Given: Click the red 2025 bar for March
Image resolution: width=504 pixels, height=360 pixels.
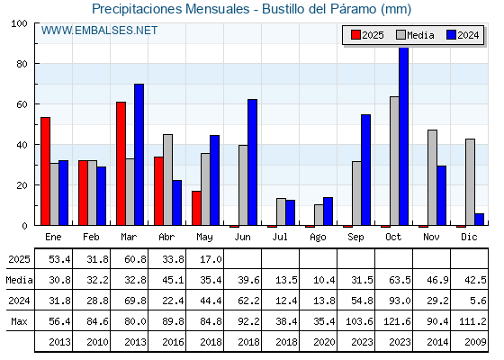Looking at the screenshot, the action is (121, 164).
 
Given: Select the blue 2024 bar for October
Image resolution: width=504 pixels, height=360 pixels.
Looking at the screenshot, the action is (404, 136).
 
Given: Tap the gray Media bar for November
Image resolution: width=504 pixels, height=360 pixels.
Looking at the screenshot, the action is (432, 177).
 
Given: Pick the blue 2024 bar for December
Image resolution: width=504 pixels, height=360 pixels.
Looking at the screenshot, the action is (479, 220).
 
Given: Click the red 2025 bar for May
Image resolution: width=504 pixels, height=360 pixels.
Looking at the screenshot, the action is (197, 208).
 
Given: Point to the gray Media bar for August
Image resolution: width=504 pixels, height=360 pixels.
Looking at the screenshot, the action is (319, 215).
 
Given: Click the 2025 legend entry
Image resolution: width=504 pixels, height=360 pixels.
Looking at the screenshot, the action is (367, 35).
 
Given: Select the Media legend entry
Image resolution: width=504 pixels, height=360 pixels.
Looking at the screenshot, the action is (415, 35).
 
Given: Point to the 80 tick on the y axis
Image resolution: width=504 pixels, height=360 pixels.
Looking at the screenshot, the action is (22, 64).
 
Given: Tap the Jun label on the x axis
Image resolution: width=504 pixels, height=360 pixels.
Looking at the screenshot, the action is (242, 237).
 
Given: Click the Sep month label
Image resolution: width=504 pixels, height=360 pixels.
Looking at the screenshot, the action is (355, 238).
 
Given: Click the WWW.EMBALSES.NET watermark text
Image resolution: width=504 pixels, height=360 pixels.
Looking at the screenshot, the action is (99, 31).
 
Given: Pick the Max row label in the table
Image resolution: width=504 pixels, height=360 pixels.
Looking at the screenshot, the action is (19, 321).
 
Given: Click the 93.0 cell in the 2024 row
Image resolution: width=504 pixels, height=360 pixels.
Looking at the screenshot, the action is (400, 301).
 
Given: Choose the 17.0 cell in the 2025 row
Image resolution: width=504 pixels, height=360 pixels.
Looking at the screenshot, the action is (211, 259).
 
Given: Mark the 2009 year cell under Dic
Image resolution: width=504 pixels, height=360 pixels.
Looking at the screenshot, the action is (475, 342).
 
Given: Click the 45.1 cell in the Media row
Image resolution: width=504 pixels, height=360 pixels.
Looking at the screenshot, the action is (173, 280).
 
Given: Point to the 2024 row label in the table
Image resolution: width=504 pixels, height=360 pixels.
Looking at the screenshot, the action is (19, 301).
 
